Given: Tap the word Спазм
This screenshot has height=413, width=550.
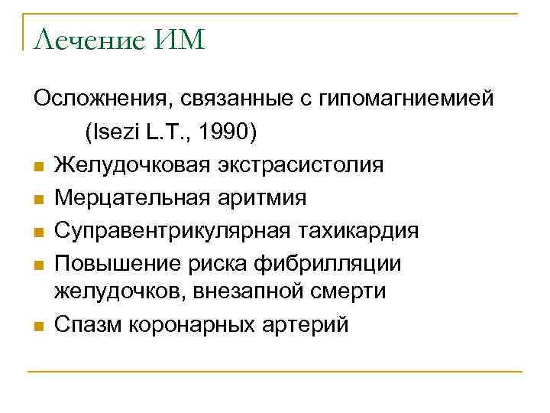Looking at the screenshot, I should (86, 325).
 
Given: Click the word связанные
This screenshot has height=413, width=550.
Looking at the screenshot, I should (228, 100).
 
